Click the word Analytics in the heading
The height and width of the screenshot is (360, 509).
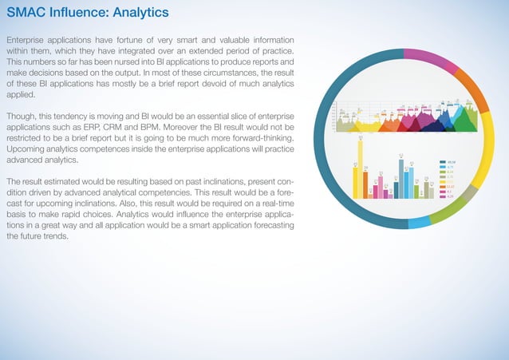[x=140, y=14]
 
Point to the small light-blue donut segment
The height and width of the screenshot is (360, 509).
[x=419, y=224]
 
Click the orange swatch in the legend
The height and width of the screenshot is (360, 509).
[x=442, y=180]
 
